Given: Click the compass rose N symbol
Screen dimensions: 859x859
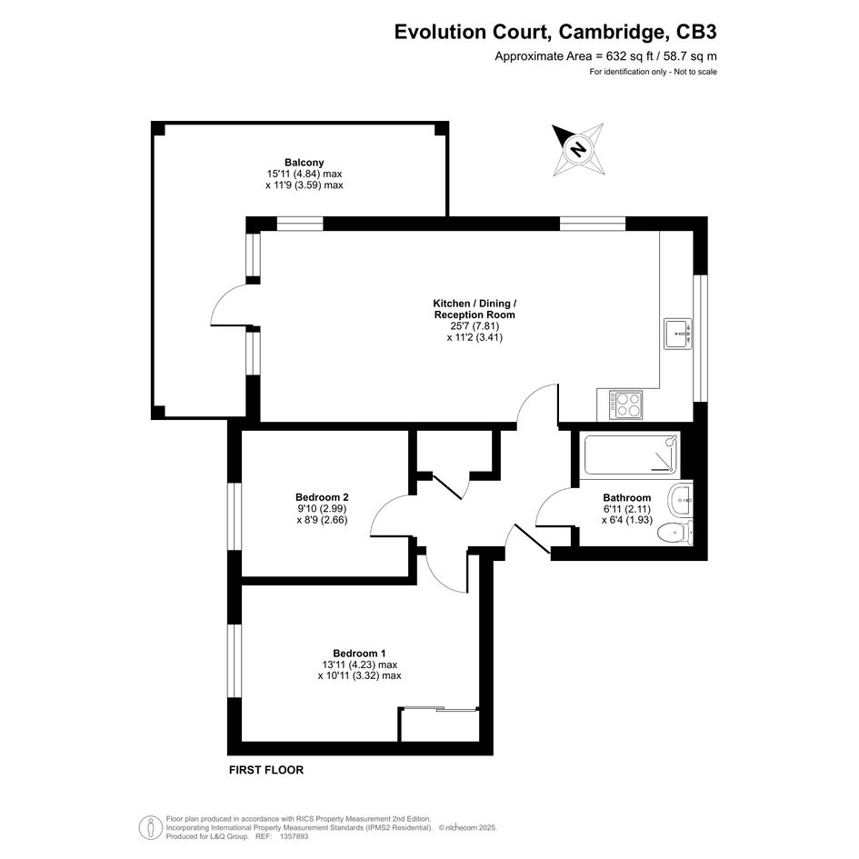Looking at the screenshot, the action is pos(577,149).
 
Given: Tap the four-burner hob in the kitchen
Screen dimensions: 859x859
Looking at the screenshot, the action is pos(626,405).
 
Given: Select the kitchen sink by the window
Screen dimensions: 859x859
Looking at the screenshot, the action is pos(678,334).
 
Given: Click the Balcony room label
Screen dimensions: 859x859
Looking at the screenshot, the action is pos(304,163).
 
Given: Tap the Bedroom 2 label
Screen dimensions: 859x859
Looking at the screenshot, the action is pos(322,497).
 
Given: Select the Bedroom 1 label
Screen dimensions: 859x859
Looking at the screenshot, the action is pos(359,654).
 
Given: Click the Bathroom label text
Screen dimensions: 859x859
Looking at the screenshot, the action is pos(626,498).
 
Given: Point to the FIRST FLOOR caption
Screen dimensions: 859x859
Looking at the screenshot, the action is pos(266,770).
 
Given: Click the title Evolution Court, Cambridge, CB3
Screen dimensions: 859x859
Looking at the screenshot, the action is pos(555,32).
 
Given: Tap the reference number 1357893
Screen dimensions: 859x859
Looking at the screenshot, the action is pos(295,836).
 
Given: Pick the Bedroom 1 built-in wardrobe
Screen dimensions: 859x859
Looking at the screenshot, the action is pos(439,724).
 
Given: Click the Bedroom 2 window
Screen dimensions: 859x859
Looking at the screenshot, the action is pos(235,516).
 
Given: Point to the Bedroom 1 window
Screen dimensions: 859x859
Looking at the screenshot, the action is pos(235,661).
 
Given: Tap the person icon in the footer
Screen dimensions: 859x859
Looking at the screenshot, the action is pos(151,827).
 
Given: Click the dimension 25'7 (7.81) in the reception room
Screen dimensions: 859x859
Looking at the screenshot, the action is pos(474,326).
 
